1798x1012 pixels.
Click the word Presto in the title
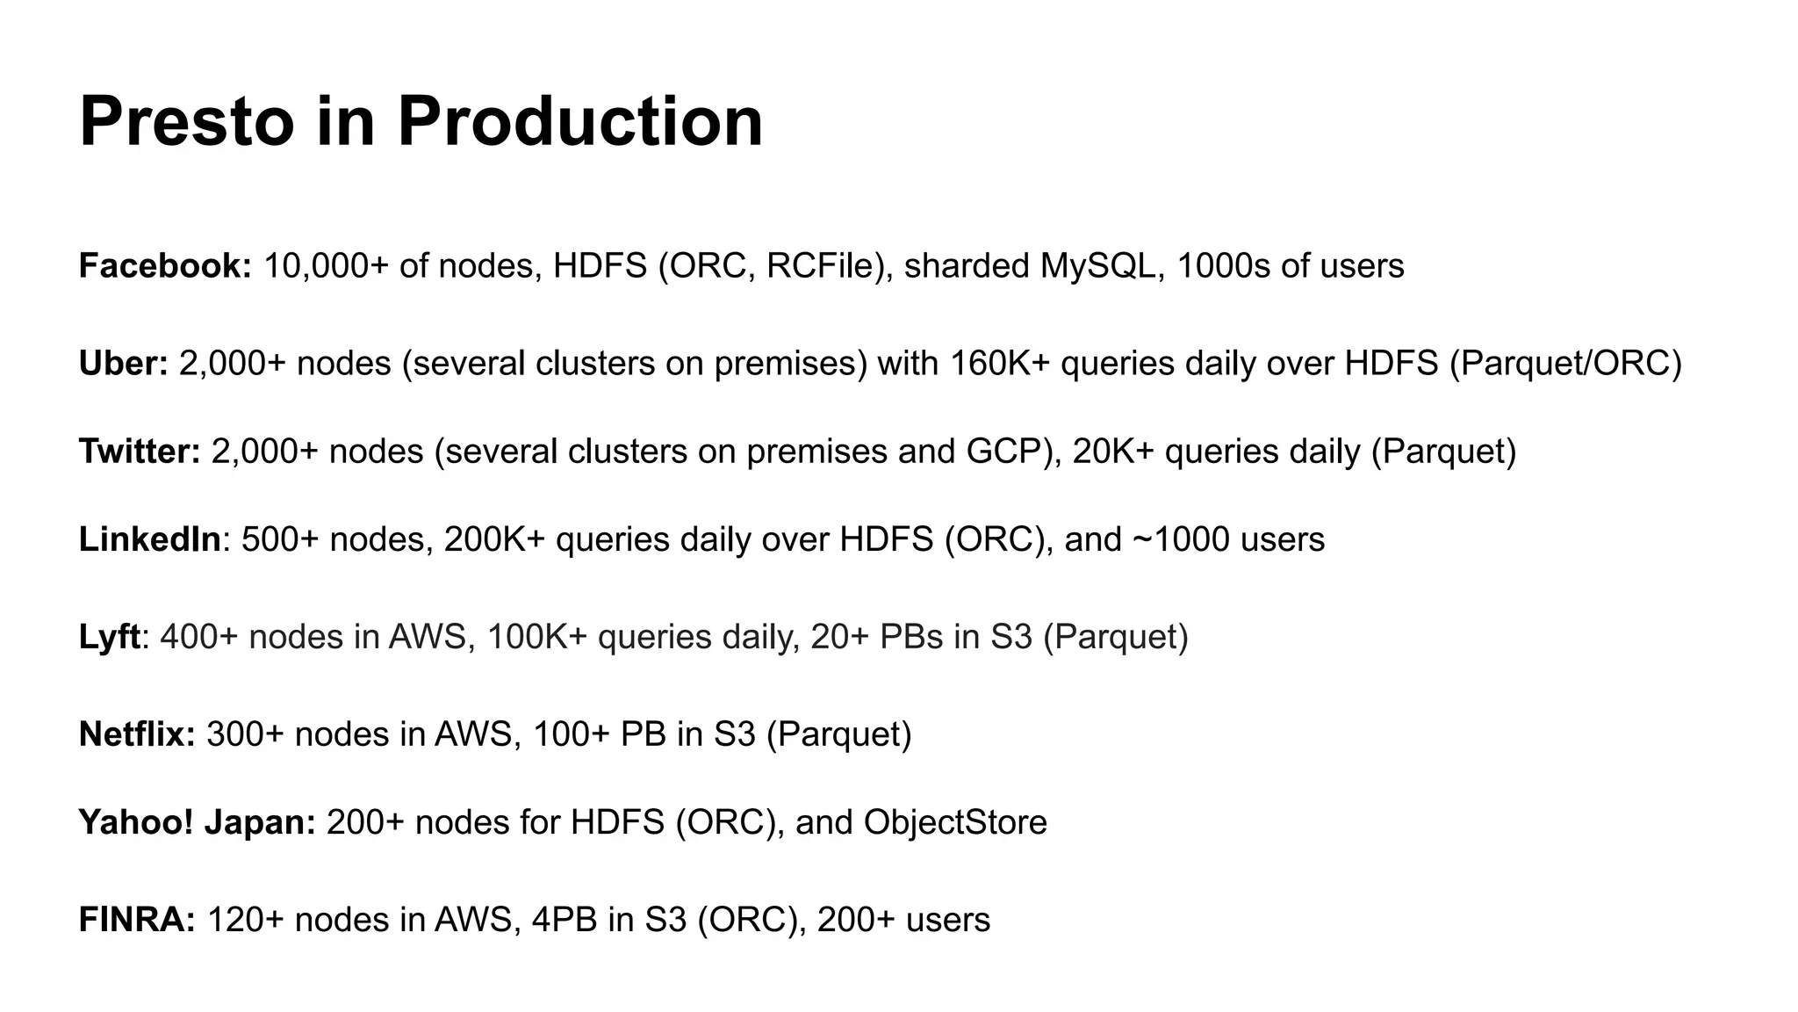click(x=186, y=121)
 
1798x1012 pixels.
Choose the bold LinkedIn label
click(x=149, y=539)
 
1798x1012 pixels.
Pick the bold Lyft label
click(x=109, y=637)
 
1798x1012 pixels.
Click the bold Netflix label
click(x=136, y=734)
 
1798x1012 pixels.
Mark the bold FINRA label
click(x=136, y=920)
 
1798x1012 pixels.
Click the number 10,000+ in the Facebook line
click(x=326, y=265)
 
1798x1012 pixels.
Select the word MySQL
click(x=1097, y=265)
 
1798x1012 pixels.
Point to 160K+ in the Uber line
click(x=999, y=363)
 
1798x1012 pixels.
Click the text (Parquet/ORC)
click(x=1565, y=363)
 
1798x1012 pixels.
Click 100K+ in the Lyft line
click(x=536, y=637)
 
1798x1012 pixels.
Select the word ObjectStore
click(x=955, y=822)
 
